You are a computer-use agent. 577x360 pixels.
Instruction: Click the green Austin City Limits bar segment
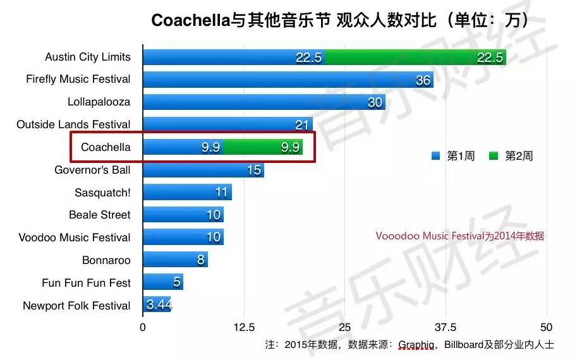pyautogui.click(x=415, y=57)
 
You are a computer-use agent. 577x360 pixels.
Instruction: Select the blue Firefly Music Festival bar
pyautogui.click(x=288, y=80)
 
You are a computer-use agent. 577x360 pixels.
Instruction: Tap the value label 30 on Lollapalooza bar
pyautogui.click(x=375, y=102)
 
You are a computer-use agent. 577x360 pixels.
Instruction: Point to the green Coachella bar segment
pyautogui.click(x=262, y=147)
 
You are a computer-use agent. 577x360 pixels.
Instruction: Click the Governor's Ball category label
pyautogui.click(x=92, y=170)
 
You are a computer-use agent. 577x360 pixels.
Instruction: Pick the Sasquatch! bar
pyautogui.click(x=187, y=193)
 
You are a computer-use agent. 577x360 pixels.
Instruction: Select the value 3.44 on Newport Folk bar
pyautogui.click(x=158, y=306)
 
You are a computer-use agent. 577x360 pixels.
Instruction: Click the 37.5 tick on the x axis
pyautogui.click(x=446, y=327)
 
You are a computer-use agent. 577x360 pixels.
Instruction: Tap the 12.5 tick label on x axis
pyautogui.click(x=244, y=327)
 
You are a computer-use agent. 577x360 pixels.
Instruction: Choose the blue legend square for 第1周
pyautogui.click(x=434, y=155)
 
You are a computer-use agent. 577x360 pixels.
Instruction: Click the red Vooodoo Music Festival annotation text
pyautogui.click(x=459, y=237)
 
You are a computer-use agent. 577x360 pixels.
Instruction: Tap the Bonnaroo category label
pyautogui.click(x=106, y=260)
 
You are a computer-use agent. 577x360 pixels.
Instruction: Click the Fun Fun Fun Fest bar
pyautogui.click(x=162, y=283)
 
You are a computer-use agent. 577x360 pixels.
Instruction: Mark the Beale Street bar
pyautogui.click(x=183, y=215)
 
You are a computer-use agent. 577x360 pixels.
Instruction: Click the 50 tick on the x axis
pyautogui.click(x=547, y=327)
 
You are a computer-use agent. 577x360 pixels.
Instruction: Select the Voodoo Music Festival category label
pyautogui.click(x=75, y=237)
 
